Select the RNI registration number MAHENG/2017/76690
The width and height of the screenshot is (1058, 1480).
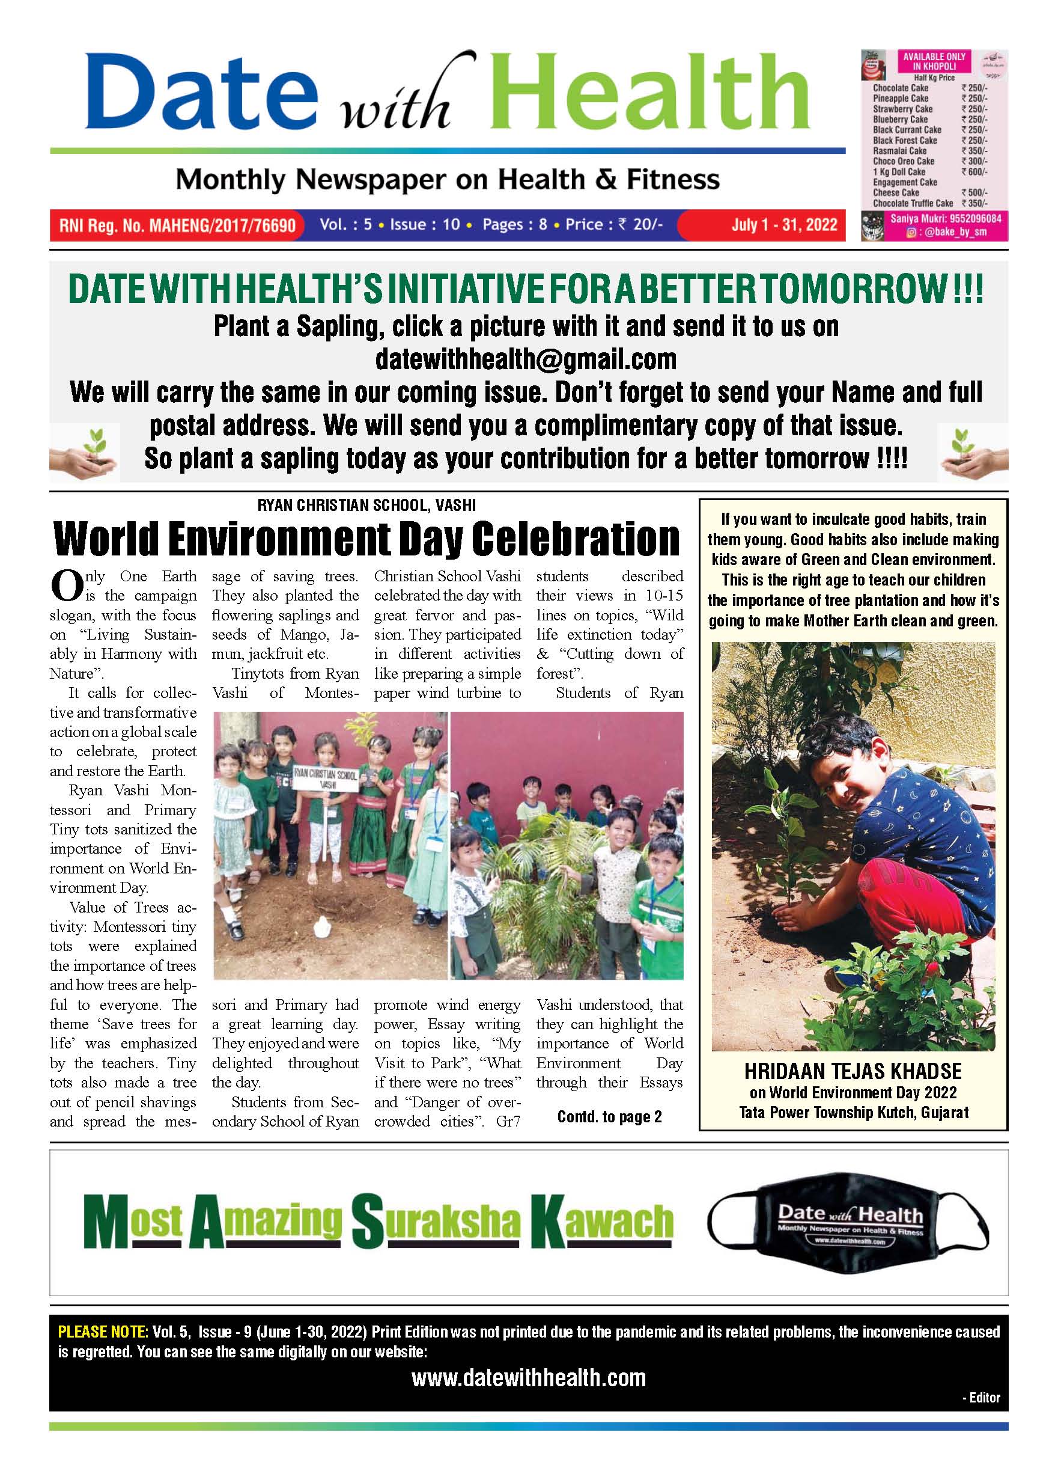coord(177,225)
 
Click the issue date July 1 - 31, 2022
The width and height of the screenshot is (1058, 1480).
coord(783,225)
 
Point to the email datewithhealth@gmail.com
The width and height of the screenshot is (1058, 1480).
coord(526,359)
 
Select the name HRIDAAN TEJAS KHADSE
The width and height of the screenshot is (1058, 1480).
coord(853,1071)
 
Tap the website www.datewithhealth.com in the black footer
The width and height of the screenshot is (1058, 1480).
coord(528,1378)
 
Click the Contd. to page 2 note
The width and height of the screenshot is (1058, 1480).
coord(609,1116)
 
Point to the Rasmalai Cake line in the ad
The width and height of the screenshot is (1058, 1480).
coord(900,150)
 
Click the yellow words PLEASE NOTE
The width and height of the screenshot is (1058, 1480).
coord(103,1332)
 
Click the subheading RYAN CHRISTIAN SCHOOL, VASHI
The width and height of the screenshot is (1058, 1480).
coord(366,505)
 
